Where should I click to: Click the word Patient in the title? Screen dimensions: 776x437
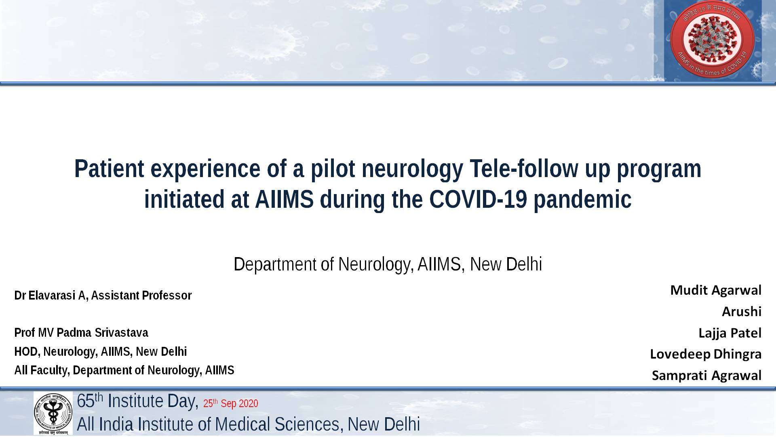109,169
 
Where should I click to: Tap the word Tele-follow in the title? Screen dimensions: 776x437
524,169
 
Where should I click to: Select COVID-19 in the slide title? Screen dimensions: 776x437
478,199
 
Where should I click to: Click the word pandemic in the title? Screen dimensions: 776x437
582,199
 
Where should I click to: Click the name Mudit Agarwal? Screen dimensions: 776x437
716,290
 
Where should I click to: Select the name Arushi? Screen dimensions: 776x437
742,311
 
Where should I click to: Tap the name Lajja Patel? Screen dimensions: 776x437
730,333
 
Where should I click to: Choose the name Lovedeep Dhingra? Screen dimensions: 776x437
706,354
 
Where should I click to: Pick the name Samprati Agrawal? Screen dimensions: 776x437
706,376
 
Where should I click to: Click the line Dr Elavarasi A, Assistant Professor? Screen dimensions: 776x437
103,296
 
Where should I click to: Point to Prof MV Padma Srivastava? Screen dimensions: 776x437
81,333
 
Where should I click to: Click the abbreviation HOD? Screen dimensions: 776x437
26,352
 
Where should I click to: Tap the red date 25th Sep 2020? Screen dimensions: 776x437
230,403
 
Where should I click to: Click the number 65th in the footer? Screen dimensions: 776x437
90,401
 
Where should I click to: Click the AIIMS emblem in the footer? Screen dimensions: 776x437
53,413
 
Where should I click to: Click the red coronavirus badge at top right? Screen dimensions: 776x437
712,39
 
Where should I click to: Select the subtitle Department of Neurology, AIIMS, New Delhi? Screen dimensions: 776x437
388,264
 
